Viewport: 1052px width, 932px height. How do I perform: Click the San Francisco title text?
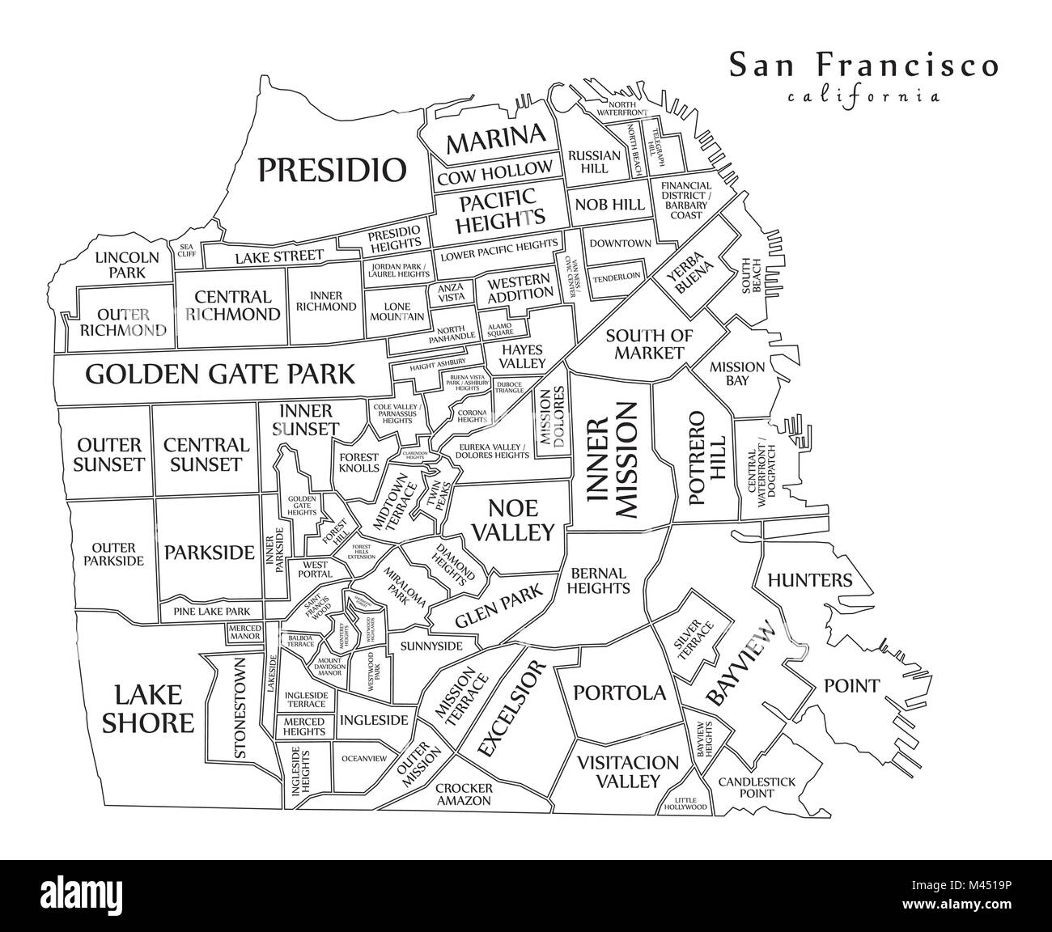(863, 65)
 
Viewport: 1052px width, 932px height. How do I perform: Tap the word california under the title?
(863, 96)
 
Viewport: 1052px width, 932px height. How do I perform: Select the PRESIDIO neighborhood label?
(331, 170)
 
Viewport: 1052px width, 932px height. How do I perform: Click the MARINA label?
(496, 139)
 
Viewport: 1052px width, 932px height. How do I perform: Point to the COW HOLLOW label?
(495, 172)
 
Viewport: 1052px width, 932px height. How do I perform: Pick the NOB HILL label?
(610, 205)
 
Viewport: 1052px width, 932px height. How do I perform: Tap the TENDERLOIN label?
(617, 276)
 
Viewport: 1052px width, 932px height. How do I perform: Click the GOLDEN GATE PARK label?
(219, 374)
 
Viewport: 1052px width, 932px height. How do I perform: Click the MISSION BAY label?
(736, 373)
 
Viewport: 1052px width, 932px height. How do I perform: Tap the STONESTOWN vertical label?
(240, 708)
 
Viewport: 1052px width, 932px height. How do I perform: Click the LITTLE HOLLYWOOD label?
(685, 803)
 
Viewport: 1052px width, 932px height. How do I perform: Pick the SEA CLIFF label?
(187, 251)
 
